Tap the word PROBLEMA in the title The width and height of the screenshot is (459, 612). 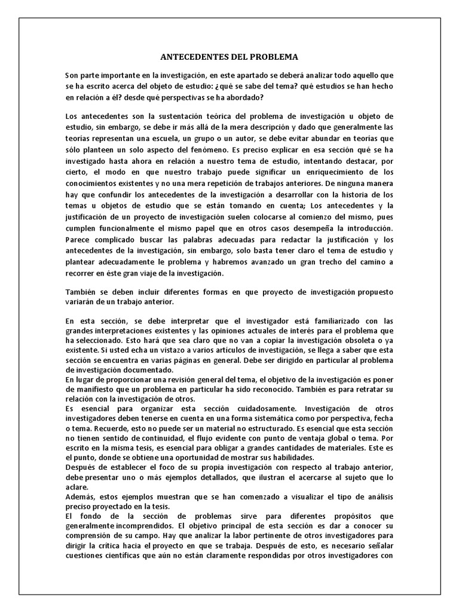point(270,57)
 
